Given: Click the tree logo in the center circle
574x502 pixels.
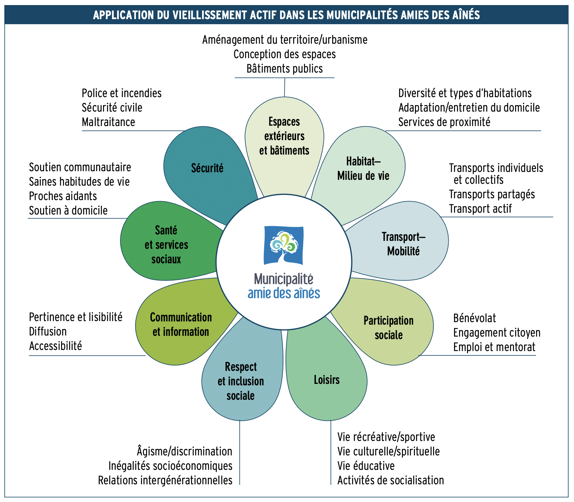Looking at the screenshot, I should (x=284, y=245).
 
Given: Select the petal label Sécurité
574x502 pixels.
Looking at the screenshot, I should (x=207, y=168).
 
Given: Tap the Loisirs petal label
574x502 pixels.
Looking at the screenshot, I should (x=327, y=380).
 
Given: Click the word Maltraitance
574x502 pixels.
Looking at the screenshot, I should (x=108, y=122).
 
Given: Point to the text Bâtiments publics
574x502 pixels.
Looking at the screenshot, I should (x=284, y=69).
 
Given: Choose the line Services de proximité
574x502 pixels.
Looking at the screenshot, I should (x=444, y=122).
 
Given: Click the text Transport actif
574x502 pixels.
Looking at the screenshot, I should (x=480, y=209).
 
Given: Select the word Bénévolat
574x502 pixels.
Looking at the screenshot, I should (x=475, y=318).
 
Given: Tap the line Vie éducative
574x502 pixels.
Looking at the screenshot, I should (x=366, y=466).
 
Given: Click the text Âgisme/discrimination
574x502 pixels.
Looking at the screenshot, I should (x=184, y=451).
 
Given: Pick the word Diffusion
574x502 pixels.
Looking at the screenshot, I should (x=48, y=332).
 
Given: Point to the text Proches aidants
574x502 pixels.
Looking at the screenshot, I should (x=63, y=196).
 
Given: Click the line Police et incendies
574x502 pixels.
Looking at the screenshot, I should (x=121, y=93).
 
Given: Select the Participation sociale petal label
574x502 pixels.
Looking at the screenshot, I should (x=389, y=328).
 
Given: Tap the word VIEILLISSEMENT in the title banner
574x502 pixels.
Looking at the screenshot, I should (x=211, y=15).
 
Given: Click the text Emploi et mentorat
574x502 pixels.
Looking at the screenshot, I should (x=494, y=347).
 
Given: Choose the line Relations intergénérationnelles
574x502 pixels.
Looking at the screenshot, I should (x=165, y=480).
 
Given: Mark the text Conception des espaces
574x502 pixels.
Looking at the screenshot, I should (x=284, y=54).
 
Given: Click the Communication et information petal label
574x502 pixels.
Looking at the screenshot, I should (x=181, y=324).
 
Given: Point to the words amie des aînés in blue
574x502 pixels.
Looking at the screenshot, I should (x=284, y=293).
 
